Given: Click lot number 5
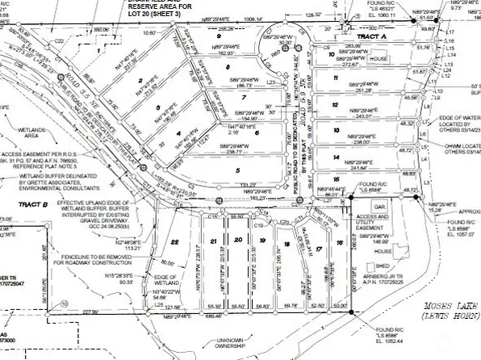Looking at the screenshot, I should [238, 170].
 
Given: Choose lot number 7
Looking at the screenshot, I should [243, 98].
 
